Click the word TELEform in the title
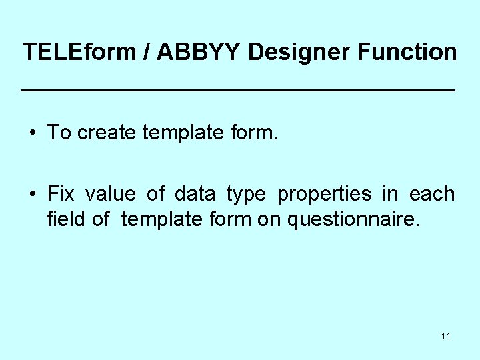point(79,52)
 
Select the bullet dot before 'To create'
point(33,133)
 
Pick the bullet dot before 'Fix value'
point(33,195)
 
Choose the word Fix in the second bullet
point(61,194)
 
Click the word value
point(111,194)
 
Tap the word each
point(432,194)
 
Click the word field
point(65,218)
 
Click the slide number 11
point(445,336)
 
